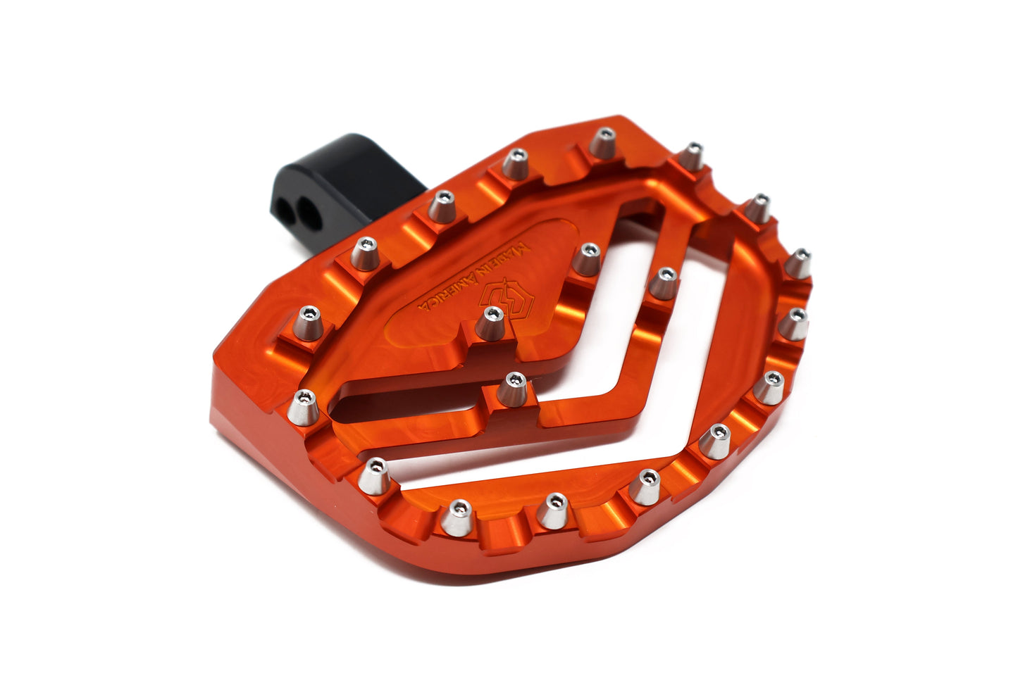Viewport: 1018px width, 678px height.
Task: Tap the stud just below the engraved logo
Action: (490, 323)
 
